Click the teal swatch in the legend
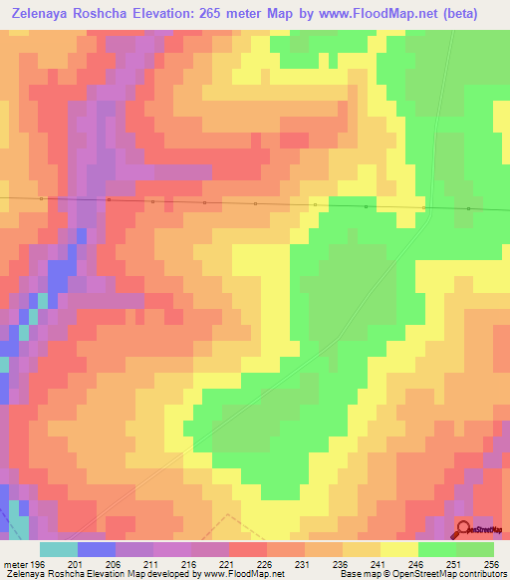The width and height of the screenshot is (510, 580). (59, 549)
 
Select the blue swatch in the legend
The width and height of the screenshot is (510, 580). (97, 549)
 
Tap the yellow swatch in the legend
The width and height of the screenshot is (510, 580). (399, 549)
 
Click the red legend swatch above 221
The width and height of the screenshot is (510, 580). (248, 549)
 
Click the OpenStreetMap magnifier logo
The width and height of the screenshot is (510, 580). (463, 529)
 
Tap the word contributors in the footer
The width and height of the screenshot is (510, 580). (482, 575)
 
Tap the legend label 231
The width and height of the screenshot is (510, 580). (324, 563)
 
